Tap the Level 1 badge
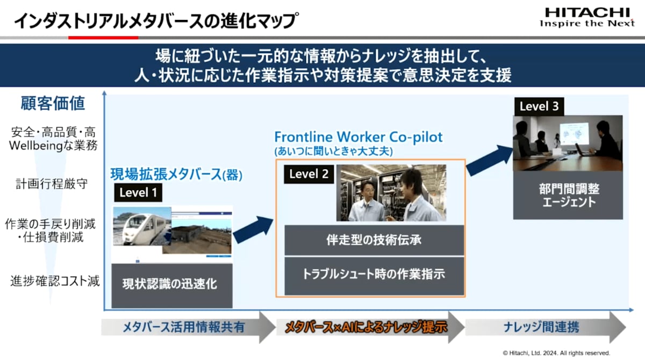[x=138, y=192]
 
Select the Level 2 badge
[x=309, y=174]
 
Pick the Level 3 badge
[x=539, y=106]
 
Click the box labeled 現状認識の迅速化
[x=172, y=286]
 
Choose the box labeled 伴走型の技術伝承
[x=374, y=240]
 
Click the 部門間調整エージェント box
[x=568, y=195]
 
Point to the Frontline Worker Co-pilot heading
[x=358, y=137]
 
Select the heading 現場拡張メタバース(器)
[x=176, y=175]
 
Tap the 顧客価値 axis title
[x=53, y=103]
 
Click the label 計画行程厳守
[x=52, y=184]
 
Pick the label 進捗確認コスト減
[x=55, y=281]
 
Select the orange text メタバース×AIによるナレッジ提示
[x=366, y=327]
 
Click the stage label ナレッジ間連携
[x=541, y=327]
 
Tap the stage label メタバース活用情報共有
[x=184, y=327]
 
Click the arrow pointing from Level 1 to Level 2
[x=253, y=229]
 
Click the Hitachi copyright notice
[x=557, y=353]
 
